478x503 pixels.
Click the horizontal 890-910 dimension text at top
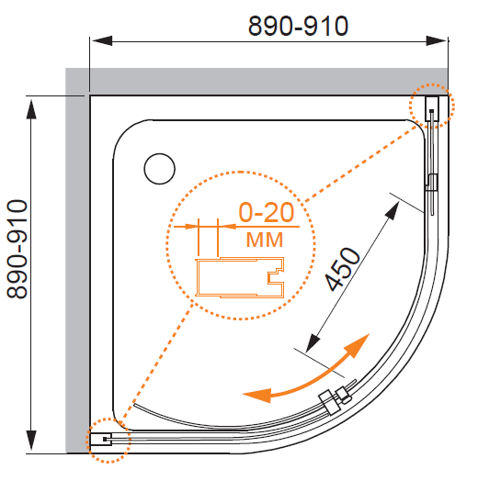tap(298, 26)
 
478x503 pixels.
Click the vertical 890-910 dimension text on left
tap(17, 249)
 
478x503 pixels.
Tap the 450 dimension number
tap(343, 269)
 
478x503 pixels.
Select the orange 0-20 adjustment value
tap(267, 212)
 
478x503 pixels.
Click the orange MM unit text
tap(265, 240)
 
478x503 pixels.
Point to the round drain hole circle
tap(160, 169)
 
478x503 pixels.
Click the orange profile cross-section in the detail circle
tap(240, 277)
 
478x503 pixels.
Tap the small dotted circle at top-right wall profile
tap(432, 106)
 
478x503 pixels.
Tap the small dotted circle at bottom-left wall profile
tap(108, 441)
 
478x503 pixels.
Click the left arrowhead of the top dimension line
tap(101, 40)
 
